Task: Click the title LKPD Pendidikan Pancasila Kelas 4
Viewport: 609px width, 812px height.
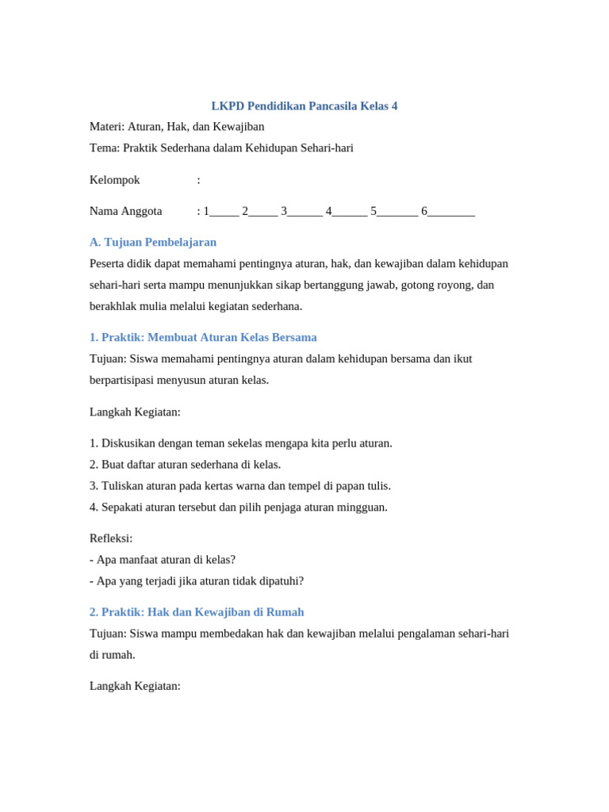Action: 304,105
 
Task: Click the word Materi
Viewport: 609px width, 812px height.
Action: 106,127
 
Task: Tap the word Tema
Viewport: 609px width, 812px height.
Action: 104,148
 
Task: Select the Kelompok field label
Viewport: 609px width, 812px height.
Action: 114,180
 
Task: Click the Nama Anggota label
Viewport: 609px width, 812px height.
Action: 125,211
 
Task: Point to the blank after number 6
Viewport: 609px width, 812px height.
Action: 451,213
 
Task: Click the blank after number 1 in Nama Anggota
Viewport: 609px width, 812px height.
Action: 224,213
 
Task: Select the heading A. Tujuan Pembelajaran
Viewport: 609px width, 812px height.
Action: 153,242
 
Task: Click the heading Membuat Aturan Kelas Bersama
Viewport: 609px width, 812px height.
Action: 232,337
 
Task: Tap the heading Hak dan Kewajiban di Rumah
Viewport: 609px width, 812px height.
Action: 225,612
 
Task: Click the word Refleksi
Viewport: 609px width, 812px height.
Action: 110,538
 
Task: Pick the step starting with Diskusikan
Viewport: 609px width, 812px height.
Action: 241,443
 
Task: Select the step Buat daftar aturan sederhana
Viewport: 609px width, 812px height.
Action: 186,465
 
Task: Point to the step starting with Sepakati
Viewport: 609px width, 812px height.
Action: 239,507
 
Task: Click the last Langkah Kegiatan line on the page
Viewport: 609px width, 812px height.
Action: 135,686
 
